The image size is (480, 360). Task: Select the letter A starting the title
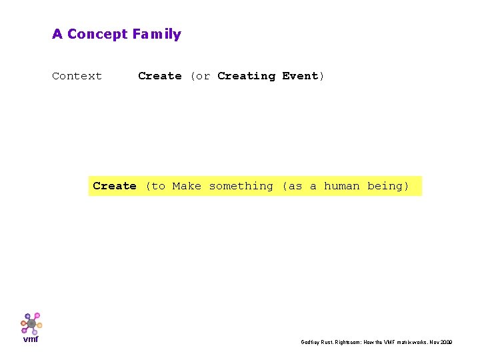(x=57, y=34)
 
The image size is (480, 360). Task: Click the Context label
(x=77, y=76)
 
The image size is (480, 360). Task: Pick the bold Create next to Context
(x=160, y=76)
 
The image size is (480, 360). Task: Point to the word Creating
(x=246, y=76)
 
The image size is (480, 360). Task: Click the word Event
(x=301, y=76)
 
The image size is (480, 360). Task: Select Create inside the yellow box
(x=115, y=186)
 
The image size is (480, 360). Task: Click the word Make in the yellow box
(x=187, y=186)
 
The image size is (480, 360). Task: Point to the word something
(x=241, y=186)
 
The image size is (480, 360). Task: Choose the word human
(x=342, y=186)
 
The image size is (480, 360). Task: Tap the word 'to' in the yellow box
(x=158, y=186)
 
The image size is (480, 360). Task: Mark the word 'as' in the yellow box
(x=295, y=186)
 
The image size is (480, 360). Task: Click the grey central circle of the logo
(x=31, y=323)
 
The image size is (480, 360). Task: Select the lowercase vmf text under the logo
(x=31, y=339)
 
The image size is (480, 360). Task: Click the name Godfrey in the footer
(x=311, y=342)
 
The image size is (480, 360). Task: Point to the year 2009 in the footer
(x=445, y=342)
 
